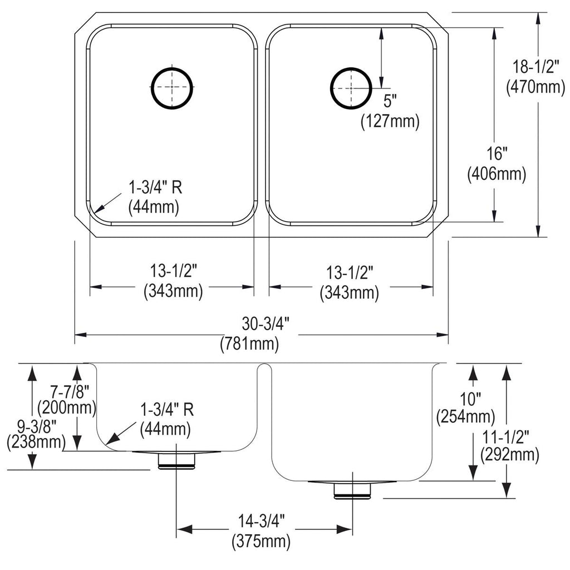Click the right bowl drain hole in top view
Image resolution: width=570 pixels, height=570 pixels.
pos(331,88)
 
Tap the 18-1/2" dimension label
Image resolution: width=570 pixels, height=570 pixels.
pos(535,67)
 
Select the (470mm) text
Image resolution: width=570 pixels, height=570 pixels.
pos(536,87)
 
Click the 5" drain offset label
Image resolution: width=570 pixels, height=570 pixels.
pos(390,101)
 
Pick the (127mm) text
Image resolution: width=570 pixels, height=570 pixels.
pos(390,121)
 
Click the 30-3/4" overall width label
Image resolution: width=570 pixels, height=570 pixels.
pos(266,323)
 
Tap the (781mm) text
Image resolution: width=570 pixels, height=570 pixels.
pos(249,343)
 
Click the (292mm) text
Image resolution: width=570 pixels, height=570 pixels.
pos(510,455)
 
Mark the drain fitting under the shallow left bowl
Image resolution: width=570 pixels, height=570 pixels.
pos(176,460)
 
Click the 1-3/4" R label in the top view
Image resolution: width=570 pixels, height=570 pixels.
pos(155,188)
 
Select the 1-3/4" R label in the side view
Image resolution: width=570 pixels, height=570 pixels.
pos(167,410)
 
